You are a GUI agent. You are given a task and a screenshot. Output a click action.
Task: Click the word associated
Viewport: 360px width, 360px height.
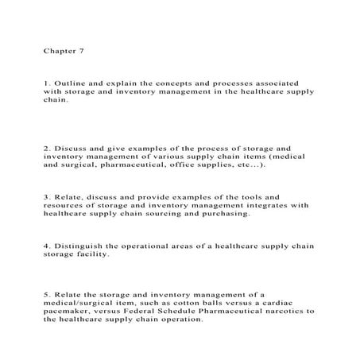pos(287,82)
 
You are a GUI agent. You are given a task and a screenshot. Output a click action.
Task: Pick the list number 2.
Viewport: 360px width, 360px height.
pos(47,148)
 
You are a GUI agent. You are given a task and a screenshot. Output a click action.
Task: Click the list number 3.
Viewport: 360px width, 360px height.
pos(47,195)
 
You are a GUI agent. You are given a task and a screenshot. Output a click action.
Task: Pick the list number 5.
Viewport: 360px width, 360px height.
pos(47,294)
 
